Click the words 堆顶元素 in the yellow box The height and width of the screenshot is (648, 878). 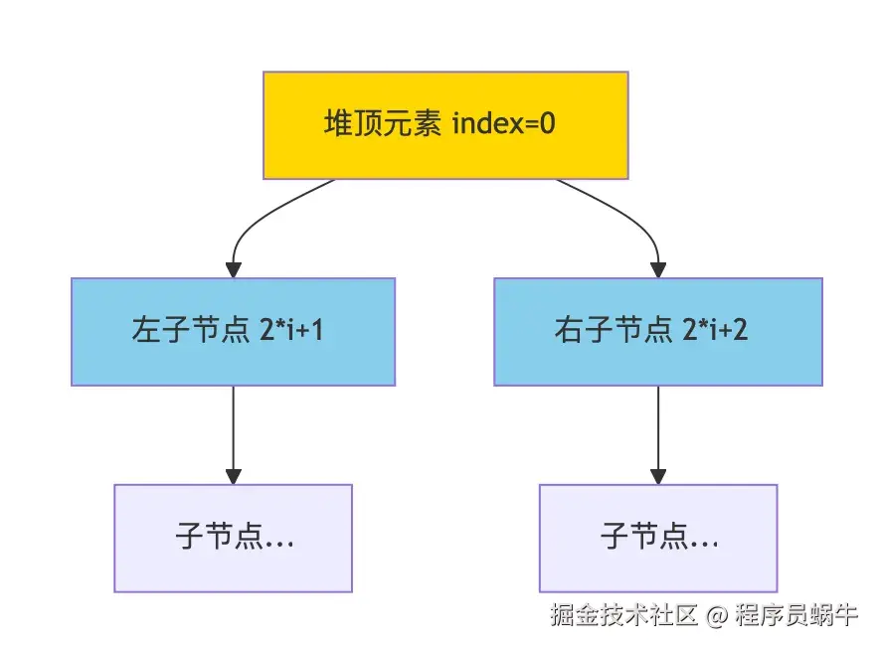pyautogui.click(x=383, y=125)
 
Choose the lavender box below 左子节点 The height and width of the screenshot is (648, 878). pyautogui.click(x=233, y=538)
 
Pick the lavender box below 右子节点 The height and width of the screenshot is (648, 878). pyautogui.click(x=657, y=538)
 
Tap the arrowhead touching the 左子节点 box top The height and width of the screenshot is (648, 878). pyautogui.click(x=233, y=269)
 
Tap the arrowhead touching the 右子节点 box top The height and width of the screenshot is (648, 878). pyautogui.click(x=657, y=269)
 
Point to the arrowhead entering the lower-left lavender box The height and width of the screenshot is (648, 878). pyautogui.click(x=233, y=476)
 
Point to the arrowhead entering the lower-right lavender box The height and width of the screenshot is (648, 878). pyautogui.click(x=657, y=476)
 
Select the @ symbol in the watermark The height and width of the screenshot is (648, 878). pyautogui.click(x=717, y=616)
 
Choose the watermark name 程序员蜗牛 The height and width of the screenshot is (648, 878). pyautogui.click(x=795, y=615)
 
